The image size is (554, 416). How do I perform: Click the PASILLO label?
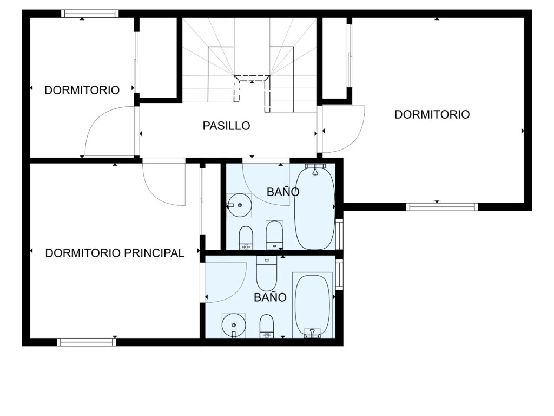click(226, 126)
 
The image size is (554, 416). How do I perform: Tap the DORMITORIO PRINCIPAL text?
click(115, 253)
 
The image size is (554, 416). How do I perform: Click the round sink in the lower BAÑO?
click(234, 325)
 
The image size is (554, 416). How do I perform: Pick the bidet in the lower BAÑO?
click(267, 326)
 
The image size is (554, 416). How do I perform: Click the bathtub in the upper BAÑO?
click(314, 208)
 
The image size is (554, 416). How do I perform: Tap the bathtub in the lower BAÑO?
click(312, 304)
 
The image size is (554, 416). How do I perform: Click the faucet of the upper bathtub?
click(315, 169)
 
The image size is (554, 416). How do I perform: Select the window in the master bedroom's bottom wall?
click(87, 342)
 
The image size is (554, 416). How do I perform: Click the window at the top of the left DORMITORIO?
click(90, 14)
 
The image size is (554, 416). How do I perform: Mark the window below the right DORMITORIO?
click(442, 207)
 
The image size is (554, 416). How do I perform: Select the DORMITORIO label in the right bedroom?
click(432, 114)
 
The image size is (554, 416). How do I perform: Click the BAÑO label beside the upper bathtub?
click(283, 192)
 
